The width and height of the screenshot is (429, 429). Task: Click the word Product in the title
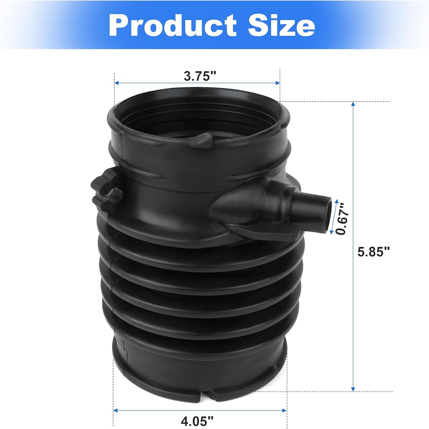tap(172, 25)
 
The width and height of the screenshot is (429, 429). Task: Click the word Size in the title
tap(281, 25)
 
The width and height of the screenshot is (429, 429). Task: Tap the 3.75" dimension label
tap(200, 76)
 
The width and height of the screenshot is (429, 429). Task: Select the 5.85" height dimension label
tap(374, 251)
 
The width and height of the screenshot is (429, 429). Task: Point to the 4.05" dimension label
tap(197, 421)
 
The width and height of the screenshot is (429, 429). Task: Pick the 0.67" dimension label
tap(342, 218)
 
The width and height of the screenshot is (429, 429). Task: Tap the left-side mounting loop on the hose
tap(107, 191)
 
